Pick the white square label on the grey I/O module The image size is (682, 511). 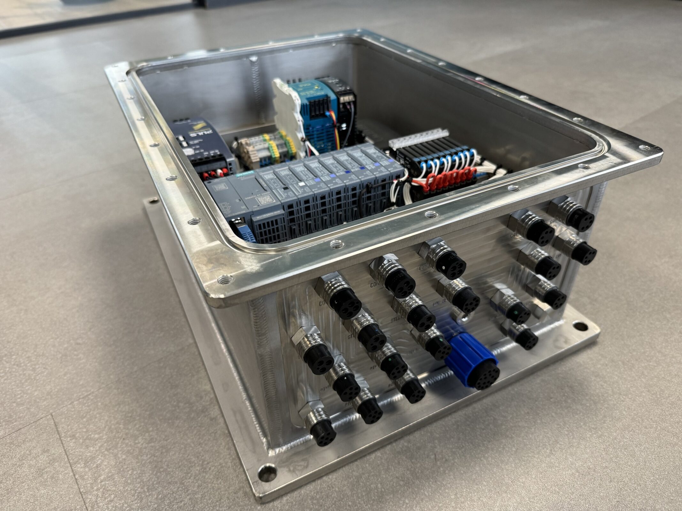(302, 184)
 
